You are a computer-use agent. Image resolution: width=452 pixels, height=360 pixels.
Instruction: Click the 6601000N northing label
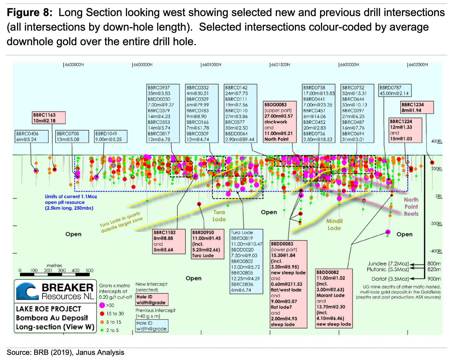(x=211, y=65)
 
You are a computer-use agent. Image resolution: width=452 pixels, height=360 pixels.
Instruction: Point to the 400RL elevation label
(x=437, y=141)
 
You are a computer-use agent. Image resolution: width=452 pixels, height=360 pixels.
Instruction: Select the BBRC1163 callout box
(x=49, y=118)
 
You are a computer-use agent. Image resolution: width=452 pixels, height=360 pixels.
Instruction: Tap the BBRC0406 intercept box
(x=32, y=137)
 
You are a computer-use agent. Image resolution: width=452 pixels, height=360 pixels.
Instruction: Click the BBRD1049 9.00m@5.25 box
(x=111, y=137)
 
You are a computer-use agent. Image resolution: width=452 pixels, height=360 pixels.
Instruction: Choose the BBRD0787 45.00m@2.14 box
(x=395, y=91)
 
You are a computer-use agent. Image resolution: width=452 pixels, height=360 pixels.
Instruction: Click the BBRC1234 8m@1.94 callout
(x=417, y=108)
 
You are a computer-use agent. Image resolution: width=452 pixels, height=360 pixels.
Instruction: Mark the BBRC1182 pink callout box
(x=169, y=241)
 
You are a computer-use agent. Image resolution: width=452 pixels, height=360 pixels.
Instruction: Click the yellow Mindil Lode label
(x=334, y=225)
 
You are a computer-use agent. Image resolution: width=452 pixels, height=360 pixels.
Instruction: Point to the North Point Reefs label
(x=411, y=207)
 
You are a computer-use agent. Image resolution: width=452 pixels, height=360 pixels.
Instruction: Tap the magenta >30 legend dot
(x=102, y=305)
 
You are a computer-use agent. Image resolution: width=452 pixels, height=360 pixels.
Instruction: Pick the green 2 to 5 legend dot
(x=102, y=330)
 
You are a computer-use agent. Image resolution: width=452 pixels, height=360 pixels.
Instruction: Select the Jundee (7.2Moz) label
(x=388, y=264)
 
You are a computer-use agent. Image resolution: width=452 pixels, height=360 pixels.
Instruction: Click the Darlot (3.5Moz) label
(x=390, y=279)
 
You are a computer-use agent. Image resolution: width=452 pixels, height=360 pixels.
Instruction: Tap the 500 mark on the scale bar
(x=89, y=270)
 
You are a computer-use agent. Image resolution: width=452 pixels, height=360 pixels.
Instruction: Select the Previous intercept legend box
(x=151, y=326)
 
